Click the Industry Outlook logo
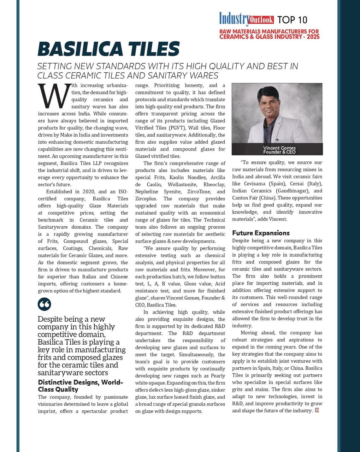[x=246, y=18]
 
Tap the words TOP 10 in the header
[x=292, y=19]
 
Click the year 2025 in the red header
[x=313, y=37]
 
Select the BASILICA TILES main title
[x=108, y=49]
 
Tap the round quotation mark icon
[x=45, y=304]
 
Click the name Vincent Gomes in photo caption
[x=279, y=148]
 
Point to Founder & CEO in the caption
[x=279, y=152]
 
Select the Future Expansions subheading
[x=261, y=233]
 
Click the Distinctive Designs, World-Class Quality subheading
[x=81, y=386]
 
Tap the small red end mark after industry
[x=317, y=410]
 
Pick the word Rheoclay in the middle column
[x=214, y=185]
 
